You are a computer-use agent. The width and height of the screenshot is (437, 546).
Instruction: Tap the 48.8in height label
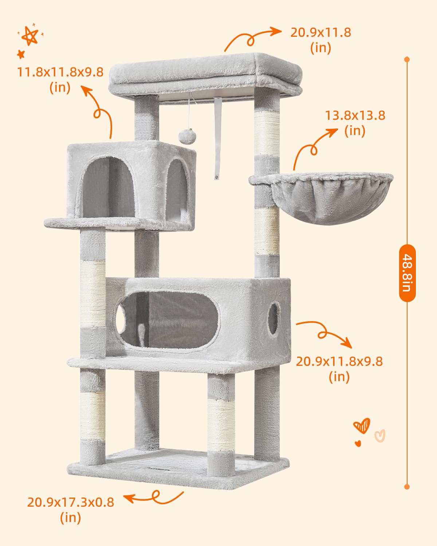[x=407, y=273]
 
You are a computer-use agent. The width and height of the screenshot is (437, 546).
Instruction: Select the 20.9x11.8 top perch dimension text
[x=320, y=40]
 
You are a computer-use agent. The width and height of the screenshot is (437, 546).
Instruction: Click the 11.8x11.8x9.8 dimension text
[x=60, y=79]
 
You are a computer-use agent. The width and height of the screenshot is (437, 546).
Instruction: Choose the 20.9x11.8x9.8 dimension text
[x=339, y=369]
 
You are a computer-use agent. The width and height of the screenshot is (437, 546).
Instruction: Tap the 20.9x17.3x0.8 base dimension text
[x=71, y=510]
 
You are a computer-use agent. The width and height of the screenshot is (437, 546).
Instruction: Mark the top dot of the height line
[x=407, y=59]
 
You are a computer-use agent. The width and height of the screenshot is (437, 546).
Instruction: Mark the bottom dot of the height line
[x=407, y=487]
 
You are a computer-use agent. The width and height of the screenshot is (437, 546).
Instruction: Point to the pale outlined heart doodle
[x=380, y=435]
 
